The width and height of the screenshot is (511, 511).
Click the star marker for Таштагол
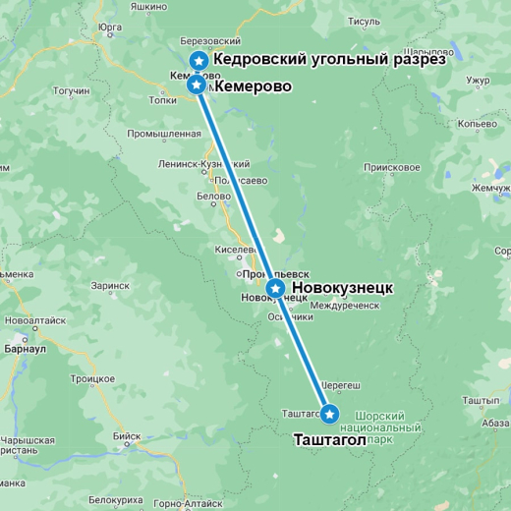329,414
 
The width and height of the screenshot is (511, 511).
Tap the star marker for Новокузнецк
276,288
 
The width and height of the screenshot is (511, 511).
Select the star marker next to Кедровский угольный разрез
199,61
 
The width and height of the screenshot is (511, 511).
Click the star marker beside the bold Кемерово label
198,85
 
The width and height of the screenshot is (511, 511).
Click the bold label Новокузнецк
343,288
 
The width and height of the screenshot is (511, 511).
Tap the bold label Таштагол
330,440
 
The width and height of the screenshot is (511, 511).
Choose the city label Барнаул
26,348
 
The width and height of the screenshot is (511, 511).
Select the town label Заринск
110,286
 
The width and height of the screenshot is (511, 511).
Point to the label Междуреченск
344,306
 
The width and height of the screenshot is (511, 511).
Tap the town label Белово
213,197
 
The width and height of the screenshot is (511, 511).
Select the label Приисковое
391,167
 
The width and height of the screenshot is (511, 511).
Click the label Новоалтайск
35,321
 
